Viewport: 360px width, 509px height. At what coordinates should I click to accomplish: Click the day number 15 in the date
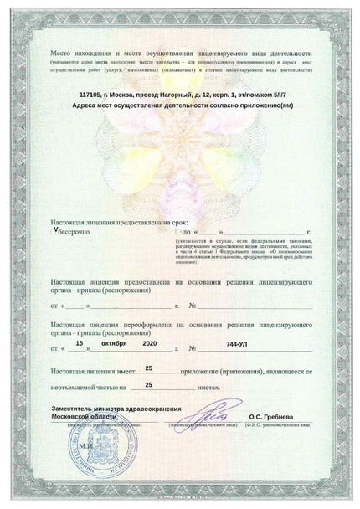coord(80,342)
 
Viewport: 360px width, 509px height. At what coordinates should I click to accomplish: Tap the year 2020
coord(150,342)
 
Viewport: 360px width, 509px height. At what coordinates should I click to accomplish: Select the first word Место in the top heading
coord(62,52)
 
